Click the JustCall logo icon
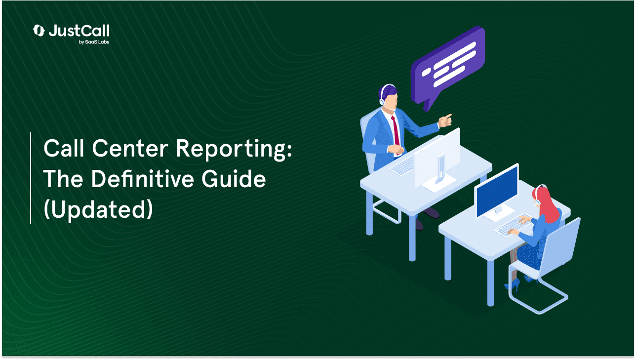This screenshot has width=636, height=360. tap(39, 31)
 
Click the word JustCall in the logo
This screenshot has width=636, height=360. tap(79, 31)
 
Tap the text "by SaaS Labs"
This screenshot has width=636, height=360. tap(94, 42)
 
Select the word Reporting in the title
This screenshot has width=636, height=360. tap(234, 150)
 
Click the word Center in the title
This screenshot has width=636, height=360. tap(130, 148)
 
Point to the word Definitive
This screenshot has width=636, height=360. tap(142, 179)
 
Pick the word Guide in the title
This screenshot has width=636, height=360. tap(234, 179)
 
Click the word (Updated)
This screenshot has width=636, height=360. tap(98, 209)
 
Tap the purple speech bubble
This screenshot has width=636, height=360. tap(448, 67)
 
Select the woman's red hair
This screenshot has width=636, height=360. tap(547, 204)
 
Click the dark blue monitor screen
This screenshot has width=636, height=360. tap(497, 192)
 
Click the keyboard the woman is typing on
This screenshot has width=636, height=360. tap(511, 226)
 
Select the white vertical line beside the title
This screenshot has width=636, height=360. tap(31, 178)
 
